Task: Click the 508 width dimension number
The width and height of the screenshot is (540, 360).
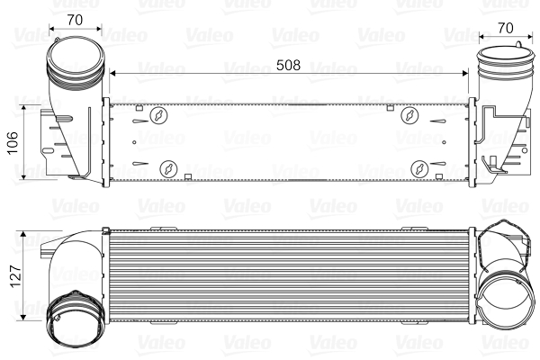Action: click(x=288, y=66)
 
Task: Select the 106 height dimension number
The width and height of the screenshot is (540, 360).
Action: click(x=13, y=142)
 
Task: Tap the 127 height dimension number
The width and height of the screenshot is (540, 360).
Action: click(x=13, y=274)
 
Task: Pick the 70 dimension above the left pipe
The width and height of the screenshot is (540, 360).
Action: click(x=75, y=18)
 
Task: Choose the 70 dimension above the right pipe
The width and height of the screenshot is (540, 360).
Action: click(x=505, y=27)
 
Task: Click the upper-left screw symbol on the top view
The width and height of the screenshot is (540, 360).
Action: click(x=159, y=115)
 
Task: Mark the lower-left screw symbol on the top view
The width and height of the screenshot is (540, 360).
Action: click(x=167, y=168)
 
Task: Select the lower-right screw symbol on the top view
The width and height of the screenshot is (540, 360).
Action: click(x=420, y=168)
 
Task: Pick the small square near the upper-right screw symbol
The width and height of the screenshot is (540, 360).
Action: click(x=389, y=109)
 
